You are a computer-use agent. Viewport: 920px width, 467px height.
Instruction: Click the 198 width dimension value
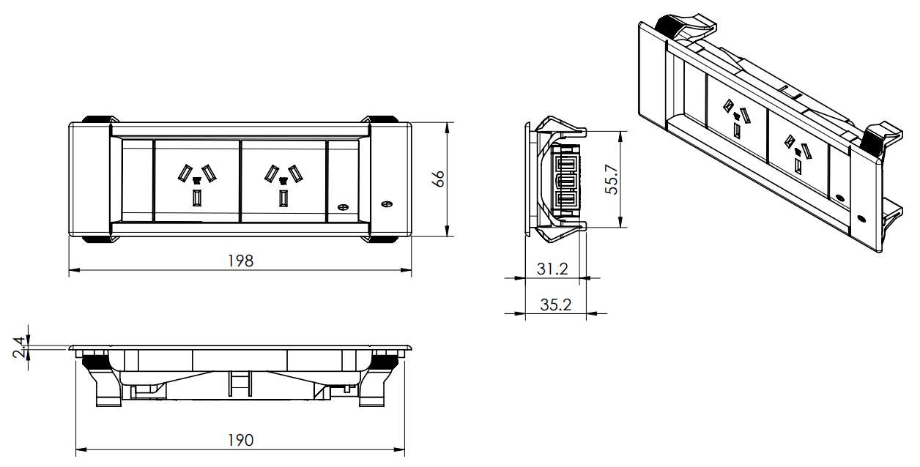pyautogui.click(x=240, y=261)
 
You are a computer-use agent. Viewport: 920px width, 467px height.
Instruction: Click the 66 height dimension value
pyautogui.click(x=438, y=179)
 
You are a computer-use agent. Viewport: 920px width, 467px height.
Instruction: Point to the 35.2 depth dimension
pyautogui.click(x=555, y=305)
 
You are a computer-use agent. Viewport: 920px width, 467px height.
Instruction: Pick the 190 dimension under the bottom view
pyautogui.click(x=240, y=439)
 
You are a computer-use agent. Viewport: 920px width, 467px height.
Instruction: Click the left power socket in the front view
pyautogui.click(x=196, y=181)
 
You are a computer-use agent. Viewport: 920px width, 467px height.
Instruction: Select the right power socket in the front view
pyautogui.click(x=283, y=181)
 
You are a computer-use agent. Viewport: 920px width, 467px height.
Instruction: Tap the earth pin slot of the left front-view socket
pyautogui.click(x=196, y=198)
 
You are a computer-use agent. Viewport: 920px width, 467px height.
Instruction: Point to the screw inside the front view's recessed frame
pyautogui.click(x=342, y=208)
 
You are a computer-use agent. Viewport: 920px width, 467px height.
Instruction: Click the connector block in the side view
pyautogui.click(x=568, y=179)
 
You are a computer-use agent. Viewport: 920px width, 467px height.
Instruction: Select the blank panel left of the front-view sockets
pyautogui.click(x=137, y=181)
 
